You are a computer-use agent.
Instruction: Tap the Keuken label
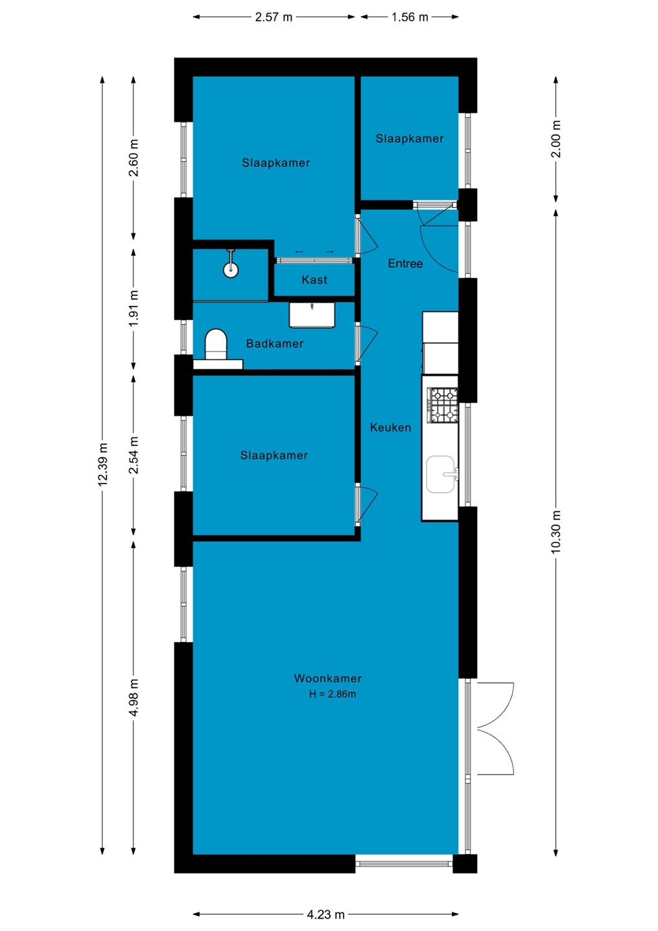390,427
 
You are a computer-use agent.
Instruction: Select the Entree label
405,264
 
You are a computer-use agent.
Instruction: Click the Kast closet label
314,280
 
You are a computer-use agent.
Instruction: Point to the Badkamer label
275,343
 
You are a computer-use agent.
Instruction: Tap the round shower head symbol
231,270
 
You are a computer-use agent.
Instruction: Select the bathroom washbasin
312,315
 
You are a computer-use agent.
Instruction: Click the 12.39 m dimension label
103,464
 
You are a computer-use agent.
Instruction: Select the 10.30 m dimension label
556,531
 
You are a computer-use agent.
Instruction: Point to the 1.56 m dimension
409,17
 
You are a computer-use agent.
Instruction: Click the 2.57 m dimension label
274,17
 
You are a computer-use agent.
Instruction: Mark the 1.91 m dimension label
133,308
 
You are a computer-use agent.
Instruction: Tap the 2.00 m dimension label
556,139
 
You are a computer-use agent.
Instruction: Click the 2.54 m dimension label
133,455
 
